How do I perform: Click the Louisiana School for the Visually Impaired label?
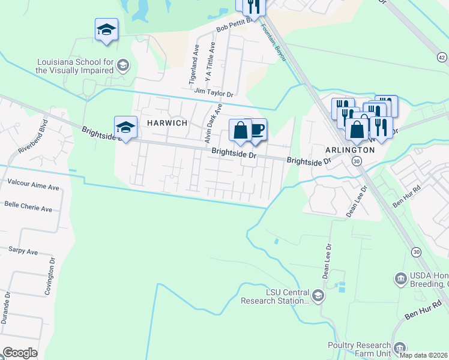[75, 66]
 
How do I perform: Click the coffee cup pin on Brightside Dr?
[257, 130]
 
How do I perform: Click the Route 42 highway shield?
[442, 57]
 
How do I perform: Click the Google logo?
[20, 353]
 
